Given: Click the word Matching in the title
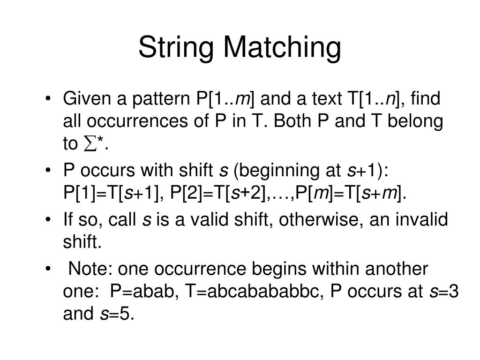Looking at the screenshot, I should pos(281,48).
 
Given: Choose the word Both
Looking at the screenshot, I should pos(293,122).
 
